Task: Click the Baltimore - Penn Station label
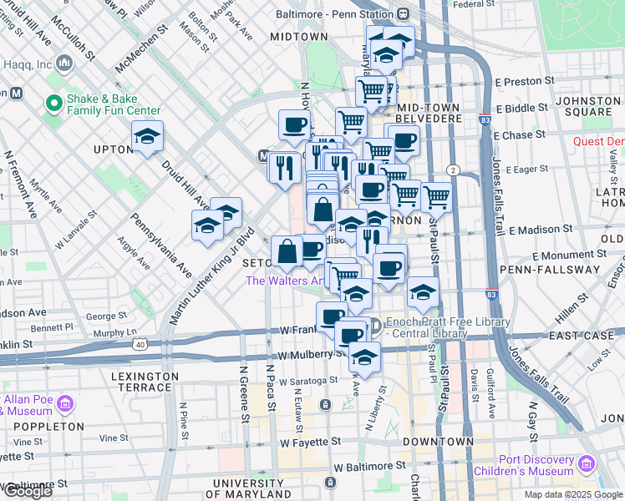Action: (340, 13)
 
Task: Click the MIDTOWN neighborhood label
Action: (299, 37)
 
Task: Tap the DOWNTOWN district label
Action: (438, 441)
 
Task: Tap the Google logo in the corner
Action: (28, 491)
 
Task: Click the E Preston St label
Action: (525, 82)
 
